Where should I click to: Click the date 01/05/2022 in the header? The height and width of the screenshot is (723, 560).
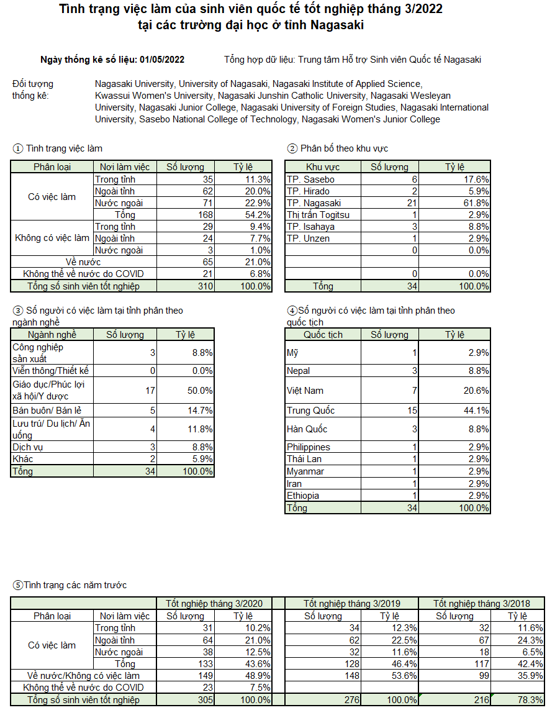162,60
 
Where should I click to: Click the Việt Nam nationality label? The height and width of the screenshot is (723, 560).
305,391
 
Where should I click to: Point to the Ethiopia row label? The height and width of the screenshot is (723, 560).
303,496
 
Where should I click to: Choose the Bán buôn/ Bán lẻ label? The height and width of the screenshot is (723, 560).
47,411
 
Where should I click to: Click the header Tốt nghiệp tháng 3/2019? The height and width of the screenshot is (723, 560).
351,604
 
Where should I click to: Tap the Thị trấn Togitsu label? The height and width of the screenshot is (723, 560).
318,215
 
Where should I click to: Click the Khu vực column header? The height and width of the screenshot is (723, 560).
323,167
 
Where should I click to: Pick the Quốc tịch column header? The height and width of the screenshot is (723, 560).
323,335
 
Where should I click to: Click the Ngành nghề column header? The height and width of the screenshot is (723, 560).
52,335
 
